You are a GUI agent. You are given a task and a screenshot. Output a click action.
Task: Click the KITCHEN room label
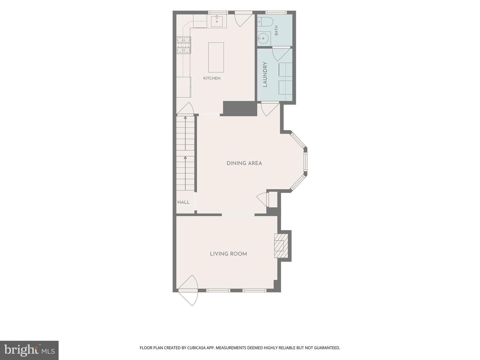click(x=212, y=78)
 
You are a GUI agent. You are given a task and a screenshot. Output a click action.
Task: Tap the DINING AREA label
click(x=244, y=163)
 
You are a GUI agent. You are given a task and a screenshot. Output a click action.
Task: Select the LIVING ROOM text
click(x=228, y=254)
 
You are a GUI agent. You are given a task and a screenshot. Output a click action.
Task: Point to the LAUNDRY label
click(x=265, y=75)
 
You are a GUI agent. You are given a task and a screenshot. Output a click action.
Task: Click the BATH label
click(x=276, y=30)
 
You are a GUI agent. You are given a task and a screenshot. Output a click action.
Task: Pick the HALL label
click(x=183, y=202)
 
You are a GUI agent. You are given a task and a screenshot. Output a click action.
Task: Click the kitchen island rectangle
click(x=216, y=57)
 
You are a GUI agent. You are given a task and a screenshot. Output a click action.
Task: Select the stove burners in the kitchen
click(x=184, y=45)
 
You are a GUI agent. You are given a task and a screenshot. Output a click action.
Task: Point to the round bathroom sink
click(x=263, y=39)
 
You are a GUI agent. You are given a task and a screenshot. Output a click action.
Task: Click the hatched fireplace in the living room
click(x=281, y=246)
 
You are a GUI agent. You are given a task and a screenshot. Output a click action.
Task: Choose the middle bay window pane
click(x=305, y=162)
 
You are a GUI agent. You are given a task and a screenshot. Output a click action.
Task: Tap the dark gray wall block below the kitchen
click(x=240, y=108)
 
